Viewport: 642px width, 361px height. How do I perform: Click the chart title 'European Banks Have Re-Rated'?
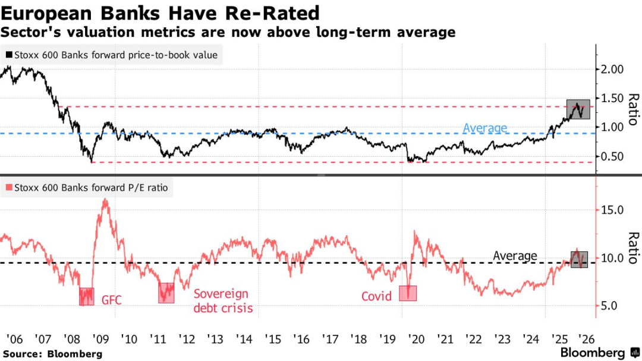click(160, 12)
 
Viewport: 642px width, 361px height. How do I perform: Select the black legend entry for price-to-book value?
click(112, 56)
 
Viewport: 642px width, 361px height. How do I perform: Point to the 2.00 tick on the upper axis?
click(612, 69)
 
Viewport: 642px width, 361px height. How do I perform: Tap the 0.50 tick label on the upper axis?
click(612, 156)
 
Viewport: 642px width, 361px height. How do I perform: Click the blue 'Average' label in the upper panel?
click(485, 128)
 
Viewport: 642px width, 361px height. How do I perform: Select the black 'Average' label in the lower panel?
click(515, 256)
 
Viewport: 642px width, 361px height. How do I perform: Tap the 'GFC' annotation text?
click(111, 300)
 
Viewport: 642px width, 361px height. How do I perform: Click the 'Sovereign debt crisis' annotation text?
click(224, 300)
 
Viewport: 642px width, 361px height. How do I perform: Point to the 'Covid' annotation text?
click(377, 296)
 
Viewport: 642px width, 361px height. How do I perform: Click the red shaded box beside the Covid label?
click(408, 293)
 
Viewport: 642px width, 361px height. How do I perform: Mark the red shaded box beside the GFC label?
click(87, 296)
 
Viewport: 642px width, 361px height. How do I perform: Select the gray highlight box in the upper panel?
click(578, 109)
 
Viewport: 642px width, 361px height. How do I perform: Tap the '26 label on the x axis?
click(587, 339)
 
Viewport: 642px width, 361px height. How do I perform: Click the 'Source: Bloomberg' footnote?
click(52, 354)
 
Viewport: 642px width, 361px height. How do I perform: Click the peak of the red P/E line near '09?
click(105, 199)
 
